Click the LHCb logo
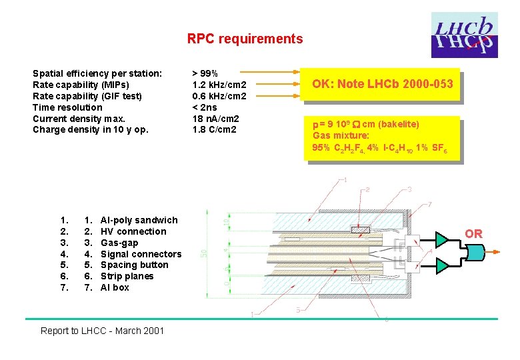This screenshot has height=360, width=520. pyautogui.click(x=463, y=35)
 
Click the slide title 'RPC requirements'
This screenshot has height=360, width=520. pyautogui.click(x=245, y=39)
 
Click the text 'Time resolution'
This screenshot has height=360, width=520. pyautogui.click(x=67, y=107)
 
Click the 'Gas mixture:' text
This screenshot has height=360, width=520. pyautogui.click(x=341, y=135)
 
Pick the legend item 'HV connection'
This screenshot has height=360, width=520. pyautogui.click(x=133, y=231)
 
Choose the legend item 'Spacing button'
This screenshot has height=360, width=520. pyautogui.click(x=134, y=265)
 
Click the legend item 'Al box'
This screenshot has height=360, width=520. pyautogui.click(x=115, y=287)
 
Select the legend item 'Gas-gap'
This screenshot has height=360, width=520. pyautogui.click(x=119, y=243)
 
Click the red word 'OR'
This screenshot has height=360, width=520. pyautogui.click(x=473, y=234)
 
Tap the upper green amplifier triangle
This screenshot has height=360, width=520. pyautogui.click(x=442, y=239)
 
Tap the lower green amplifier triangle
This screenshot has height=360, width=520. pyautogui.click(x=442, y=266)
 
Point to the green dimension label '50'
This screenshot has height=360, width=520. pyautogui.click(x=205, y=251)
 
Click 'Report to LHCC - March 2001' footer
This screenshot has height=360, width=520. pyautogui.click(x=102, y=330)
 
